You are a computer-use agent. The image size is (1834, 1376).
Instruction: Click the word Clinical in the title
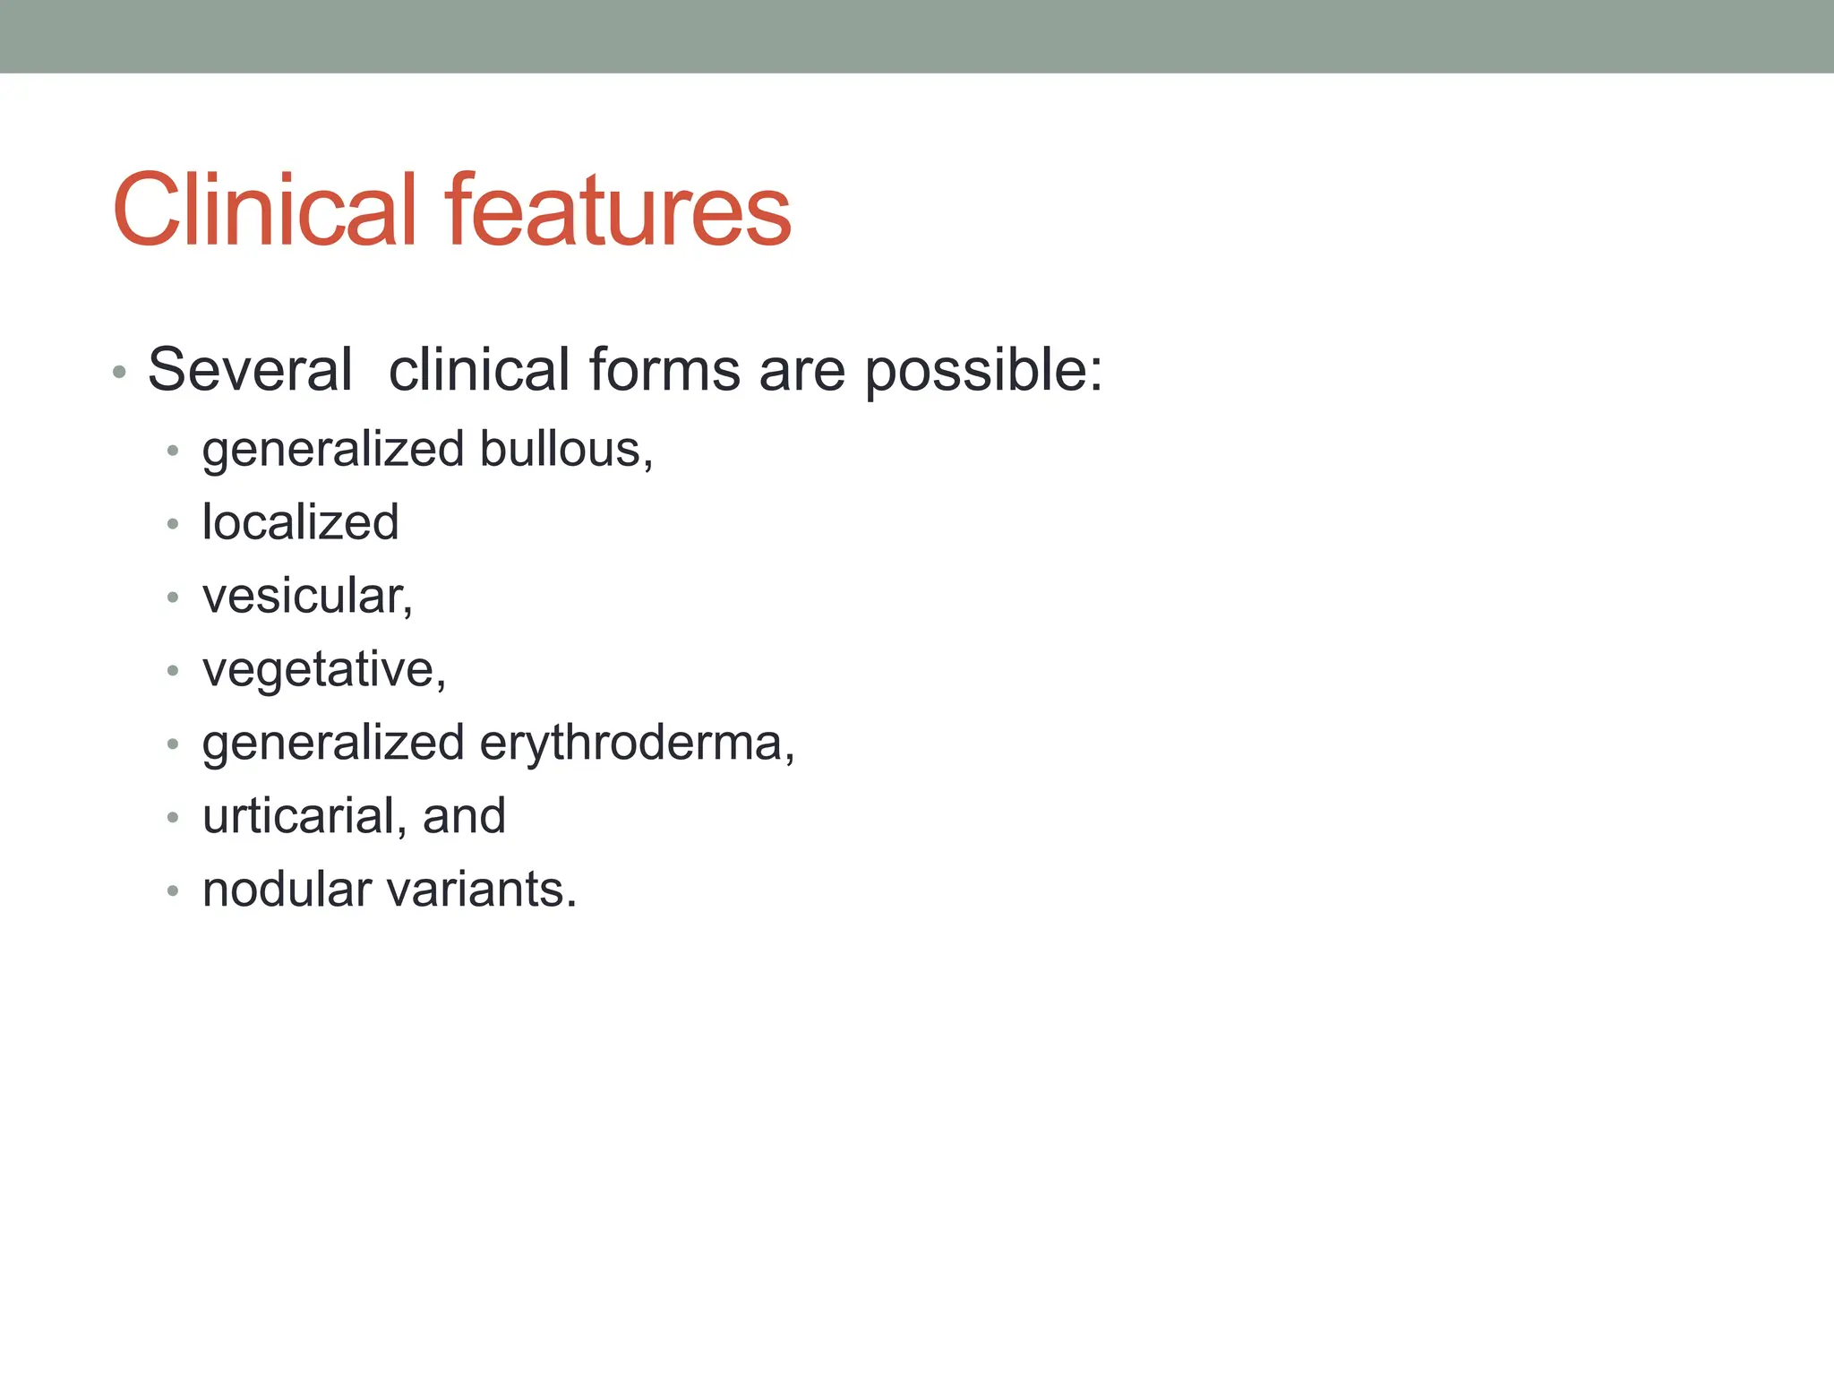point(264,211)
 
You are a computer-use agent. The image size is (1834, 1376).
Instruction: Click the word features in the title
point(618,211)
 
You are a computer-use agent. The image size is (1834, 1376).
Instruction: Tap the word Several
point(250,369)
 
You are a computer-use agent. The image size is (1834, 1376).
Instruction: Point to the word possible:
point(983,371)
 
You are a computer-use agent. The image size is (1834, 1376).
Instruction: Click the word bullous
point(564,449)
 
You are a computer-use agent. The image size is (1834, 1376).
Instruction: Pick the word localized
point(300,522)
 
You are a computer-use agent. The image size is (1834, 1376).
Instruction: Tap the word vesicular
point(306,597)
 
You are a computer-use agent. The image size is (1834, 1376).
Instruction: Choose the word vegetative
point(323,670)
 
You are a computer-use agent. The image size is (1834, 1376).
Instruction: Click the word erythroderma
point(636,744)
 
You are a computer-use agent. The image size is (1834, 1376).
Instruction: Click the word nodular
point(287,890)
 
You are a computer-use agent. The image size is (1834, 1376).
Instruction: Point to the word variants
point(483,890)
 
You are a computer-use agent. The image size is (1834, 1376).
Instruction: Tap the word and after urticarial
point(464,816)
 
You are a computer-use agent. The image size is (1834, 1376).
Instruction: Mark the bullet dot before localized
point(173,524)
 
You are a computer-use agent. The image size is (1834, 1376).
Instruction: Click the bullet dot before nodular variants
point(173,891)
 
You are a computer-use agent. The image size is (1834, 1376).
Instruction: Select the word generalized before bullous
point(333,451)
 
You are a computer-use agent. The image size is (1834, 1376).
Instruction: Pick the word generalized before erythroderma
point(333,744)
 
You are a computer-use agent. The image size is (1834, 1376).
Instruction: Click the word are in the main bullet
point(801,371)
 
